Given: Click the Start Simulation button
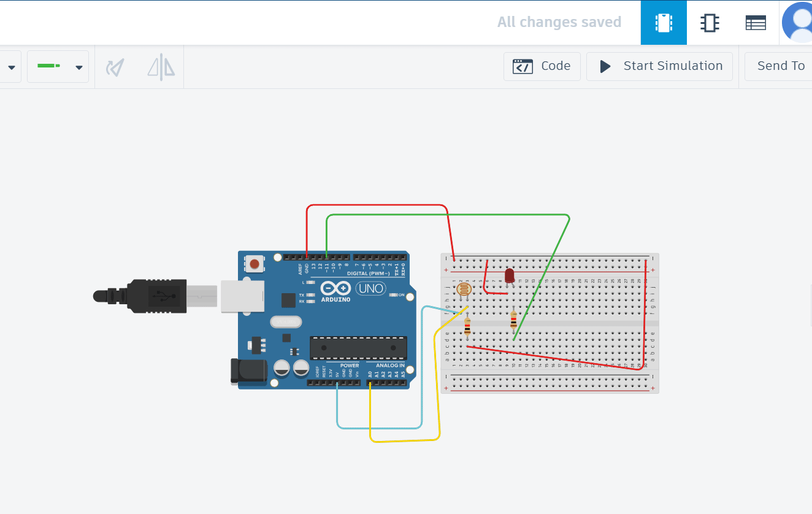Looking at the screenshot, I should pyautogui.click(x=659, y=66).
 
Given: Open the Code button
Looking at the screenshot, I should pyautogui.click(x=542, y=66).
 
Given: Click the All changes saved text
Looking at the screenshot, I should pyautogui.click(x=559, y=23).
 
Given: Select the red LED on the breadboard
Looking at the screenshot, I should pyautogui.click(x=509, y=275).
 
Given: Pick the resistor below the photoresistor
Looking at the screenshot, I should pyautogui.click(x=467, y=328).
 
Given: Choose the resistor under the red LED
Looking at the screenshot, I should pyautogui.click(x=513, y=320).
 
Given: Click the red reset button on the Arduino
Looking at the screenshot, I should pyautogui.click(x=255, y=264).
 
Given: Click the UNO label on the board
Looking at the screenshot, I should pyautogui.click(x=370, y=288).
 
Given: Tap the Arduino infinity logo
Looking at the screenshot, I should pyautogui.click(x=335, y=288).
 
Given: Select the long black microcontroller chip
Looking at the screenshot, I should pyautogui.click(x=358, y=347).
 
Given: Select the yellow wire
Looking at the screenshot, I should pyautogui.click(x=404, y=440).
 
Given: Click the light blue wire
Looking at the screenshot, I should pyautogui.click(x=380, y=428).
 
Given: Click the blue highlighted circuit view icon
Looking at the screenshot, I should pyautogui.click(x=664, y=23).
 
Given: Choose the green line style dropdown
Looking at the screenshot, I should pyautogui.click(x=58, y=66).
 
